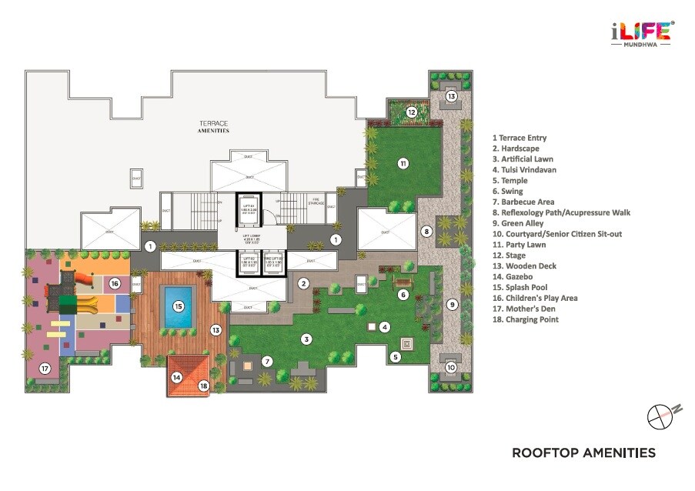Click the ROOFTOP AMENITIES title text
pos(583,453)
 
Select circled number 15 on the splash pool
pos(179,306)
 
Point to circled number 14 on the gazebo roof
pos(176,377)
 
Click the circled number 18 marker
pos(203,386)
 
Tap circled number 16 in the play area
pos(114,283)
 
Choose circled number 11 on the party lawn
pos(402,162)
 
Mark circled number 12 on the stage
pos(412,112)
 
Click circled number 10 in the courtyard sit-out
pos(452,367)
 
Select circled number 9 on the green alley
pos(453,305)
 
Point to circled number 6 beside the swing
pos(402,294)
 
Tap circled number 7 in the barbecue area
pos(267,361)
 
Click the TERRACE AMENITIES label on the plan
pos(214,127)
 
